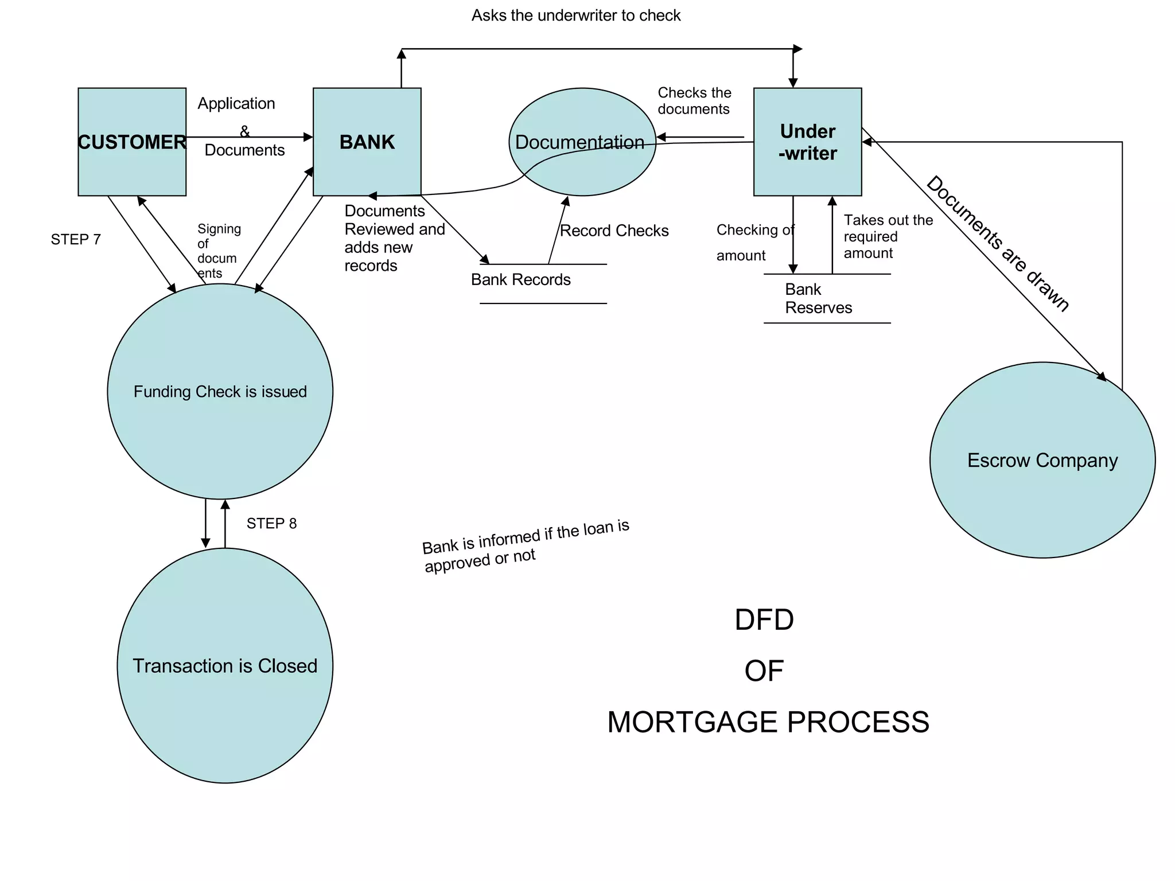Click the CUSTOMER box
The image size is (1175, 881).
click(x=132, y=142)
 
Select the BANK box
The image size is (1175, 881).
click(x=367, y=142)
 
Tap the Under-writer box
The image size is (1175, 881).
click(x=807, y=142)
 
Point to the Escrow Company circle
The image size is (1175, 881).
click(x=1042, y=460)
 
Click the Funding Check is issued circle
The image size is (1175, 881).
click(x=220, y=391)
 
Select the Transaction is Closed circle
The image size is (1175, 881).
click(x=225, y=665)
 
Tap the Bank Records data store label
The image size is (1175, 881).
click(x=521, y=279)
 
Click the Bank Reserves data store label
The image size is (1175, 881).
click(x=818, y=298)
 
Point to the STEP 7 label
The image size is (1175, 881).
click(x=76, y=239)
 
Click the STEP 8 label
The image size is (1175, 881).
click(x=271, y=523)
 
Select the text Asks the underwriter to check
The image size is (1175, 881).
click(x=576, y=15)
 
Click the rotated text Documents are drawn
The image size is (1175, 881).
click(x=998, y=244)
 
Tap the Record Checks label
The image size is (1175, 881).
click(x=614, y=231)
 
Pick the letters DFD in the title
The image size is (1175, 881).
click(x=764, y=620)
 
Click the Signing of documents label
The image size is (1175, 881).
click(x=218, y=251)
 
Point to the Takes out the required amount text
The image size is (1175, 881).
click(x=888, y=236)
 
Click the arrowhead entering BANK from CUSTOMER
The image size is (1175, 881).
click(x=309, y=137)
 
